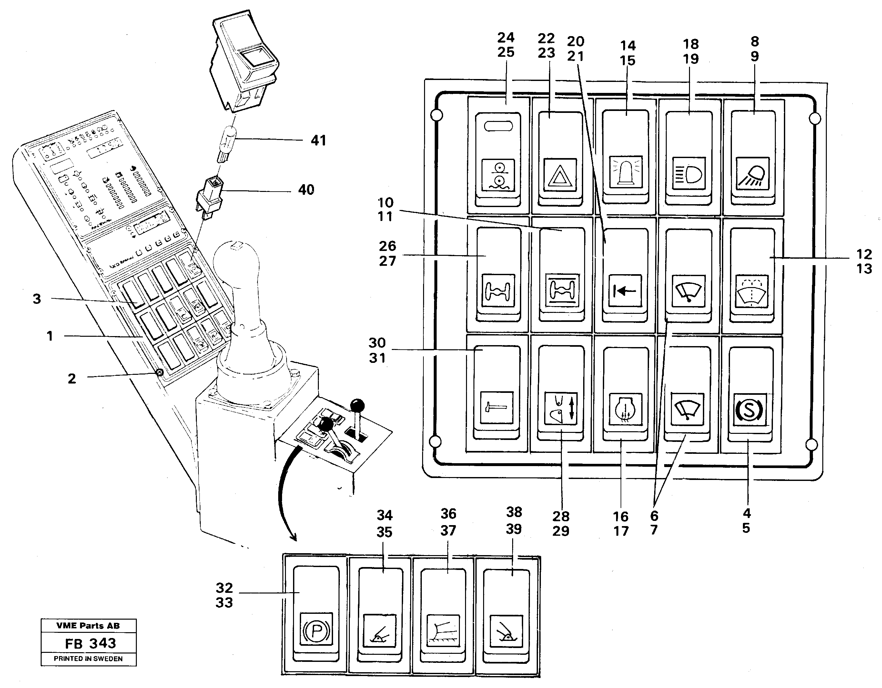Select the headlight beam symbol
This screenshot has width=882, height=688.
click(x=689, y=174)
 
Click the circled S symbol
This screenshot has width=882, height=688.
click(x=750, y=410)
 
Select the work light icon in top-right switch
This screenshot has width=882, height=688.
click(x=752, y=174)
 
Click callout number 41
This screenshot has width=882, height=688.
click(x=318, y=140)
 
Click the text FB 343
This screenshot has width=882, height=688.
click(x=90, y=643)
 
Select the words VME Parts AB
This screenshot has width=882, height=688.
click(x=88, y=626)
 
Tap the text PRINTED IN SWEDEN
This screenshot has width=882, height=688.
click(x=88, y=659)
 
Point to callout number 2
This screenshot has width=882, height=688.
click(x=71, y=378)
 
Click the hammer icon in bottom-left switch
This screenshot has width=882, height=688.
click(x=496, y=407)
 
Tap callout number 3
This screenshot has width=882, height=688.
click(x=37, y=299)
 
